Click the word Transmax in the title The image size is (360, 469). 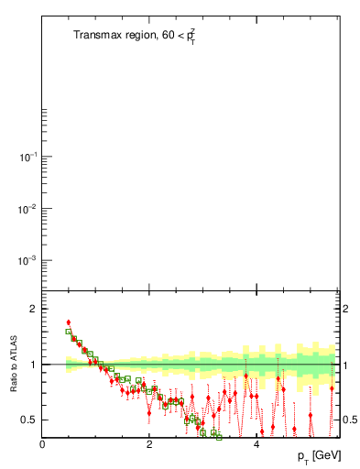[97, 36]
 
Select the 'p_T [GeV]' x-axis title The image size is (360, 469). [318, 455]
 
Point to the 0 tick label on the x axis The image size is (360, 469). [42, 445]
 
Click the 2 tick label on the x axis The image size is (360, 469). [149, 445]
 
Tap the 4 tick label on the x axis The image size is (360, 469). [256, 445]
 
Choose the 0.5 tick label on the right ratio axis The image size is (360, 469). [350, 420]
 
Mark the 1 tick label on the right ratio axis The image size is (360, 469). [345, 365]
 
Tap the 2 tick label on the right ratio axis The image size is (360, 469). [345, 309]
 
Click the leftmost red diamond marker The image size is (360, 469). [69, 322]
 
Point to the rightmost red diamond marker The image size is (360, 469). [332, 388]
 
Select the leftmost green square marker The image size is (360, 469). [69, 333]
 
